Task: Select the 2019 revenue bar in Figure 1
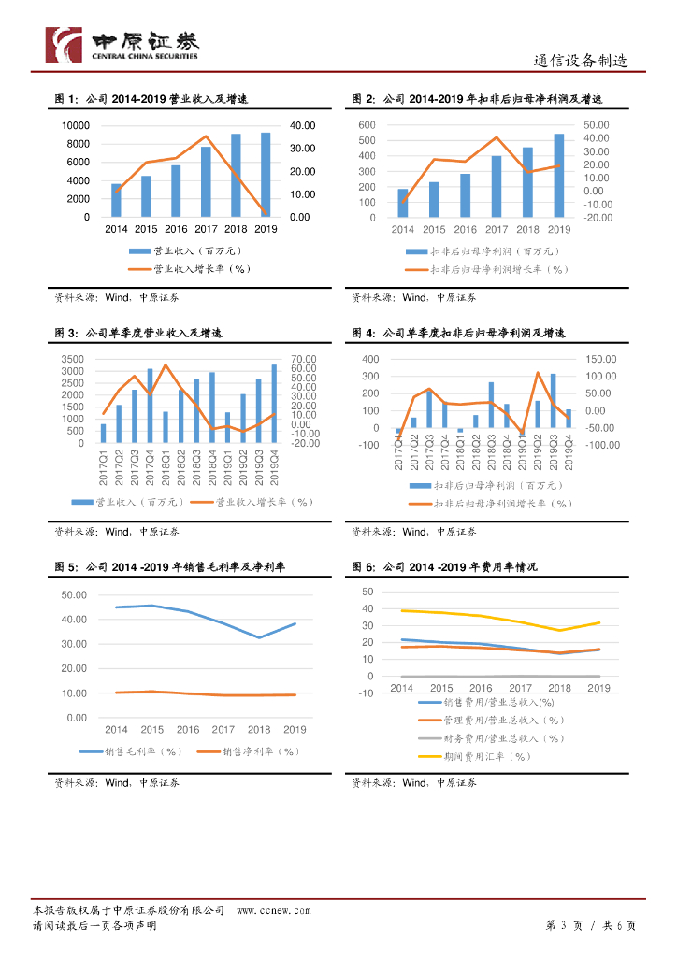point(266,175)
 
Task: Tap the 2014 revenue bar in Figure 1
point(116,200)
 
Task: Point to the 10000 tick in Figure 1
point(76,125)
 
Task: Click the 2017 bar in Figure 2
point(497,186)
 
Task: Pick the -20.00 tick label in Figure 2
point(597,218)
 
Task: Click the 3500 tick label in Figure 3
point(71,359)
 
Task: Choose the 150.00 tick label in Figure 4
point(602,359)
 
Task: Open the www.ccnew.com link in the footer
point(273,910)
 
